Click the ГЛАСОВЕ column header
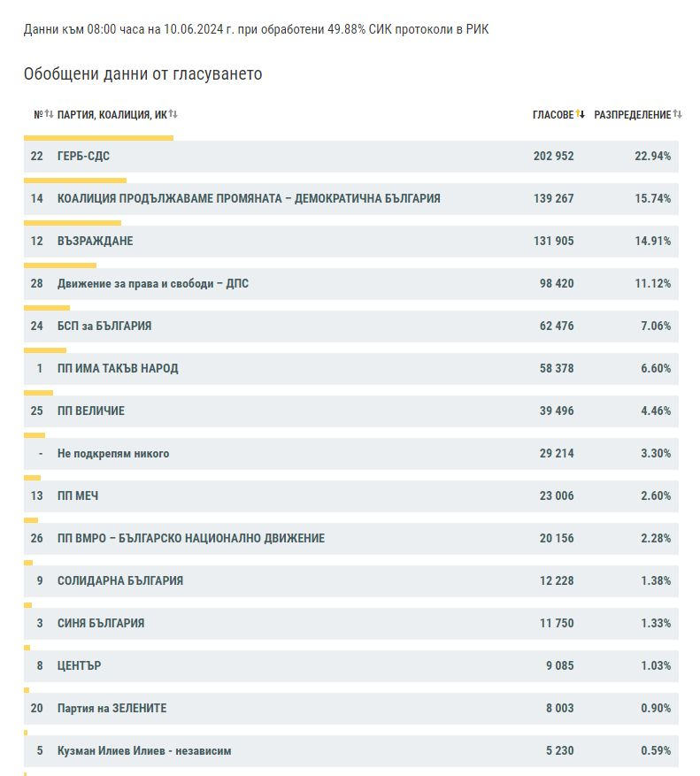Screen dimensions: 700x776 (553, 115)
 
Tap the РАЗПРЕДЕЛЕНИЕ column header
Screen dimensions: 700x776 (632, 115)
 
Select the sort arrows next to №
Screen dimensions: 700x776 (49, 114)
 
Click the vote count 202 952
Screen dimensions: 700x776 (553, 156)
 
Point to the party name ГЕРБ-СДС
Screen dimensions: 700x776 (83, 156)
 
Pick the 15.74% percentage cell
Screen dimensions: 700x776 (652, 198)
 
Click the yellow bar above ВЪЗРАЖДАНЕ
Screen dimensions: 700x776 (73, 223)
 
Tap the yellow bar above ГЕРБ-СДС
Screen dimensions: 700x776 (98, 138)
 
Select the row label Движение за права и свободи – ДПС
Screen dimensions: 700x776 (153, 283)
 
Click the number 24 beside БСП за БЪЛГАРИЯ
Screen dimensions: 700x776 (36, 327)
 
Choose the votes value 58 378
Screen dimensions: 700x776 (557, 369)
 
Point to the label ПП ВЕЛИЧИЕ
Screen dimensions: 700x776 (91, 411)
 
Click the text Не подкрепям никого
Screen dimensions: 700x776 (113, 453)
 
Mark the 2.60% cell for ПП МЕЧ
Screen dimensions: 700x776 (656, 496)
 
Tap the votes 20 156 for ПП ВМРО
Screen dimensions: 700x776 (557, 539)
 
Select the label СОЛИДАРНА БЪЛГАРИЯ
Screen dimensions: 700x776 (120, 580)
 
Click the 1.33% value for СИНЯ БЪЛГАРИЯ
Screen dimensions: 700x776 (656, 623)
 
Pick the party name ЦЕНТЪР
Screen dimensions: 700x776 (80, 665)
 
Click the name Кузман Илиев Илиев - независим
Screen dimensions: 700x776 (144, 750)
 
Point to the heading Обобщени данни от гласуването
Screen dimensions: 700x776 (143, 73)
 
